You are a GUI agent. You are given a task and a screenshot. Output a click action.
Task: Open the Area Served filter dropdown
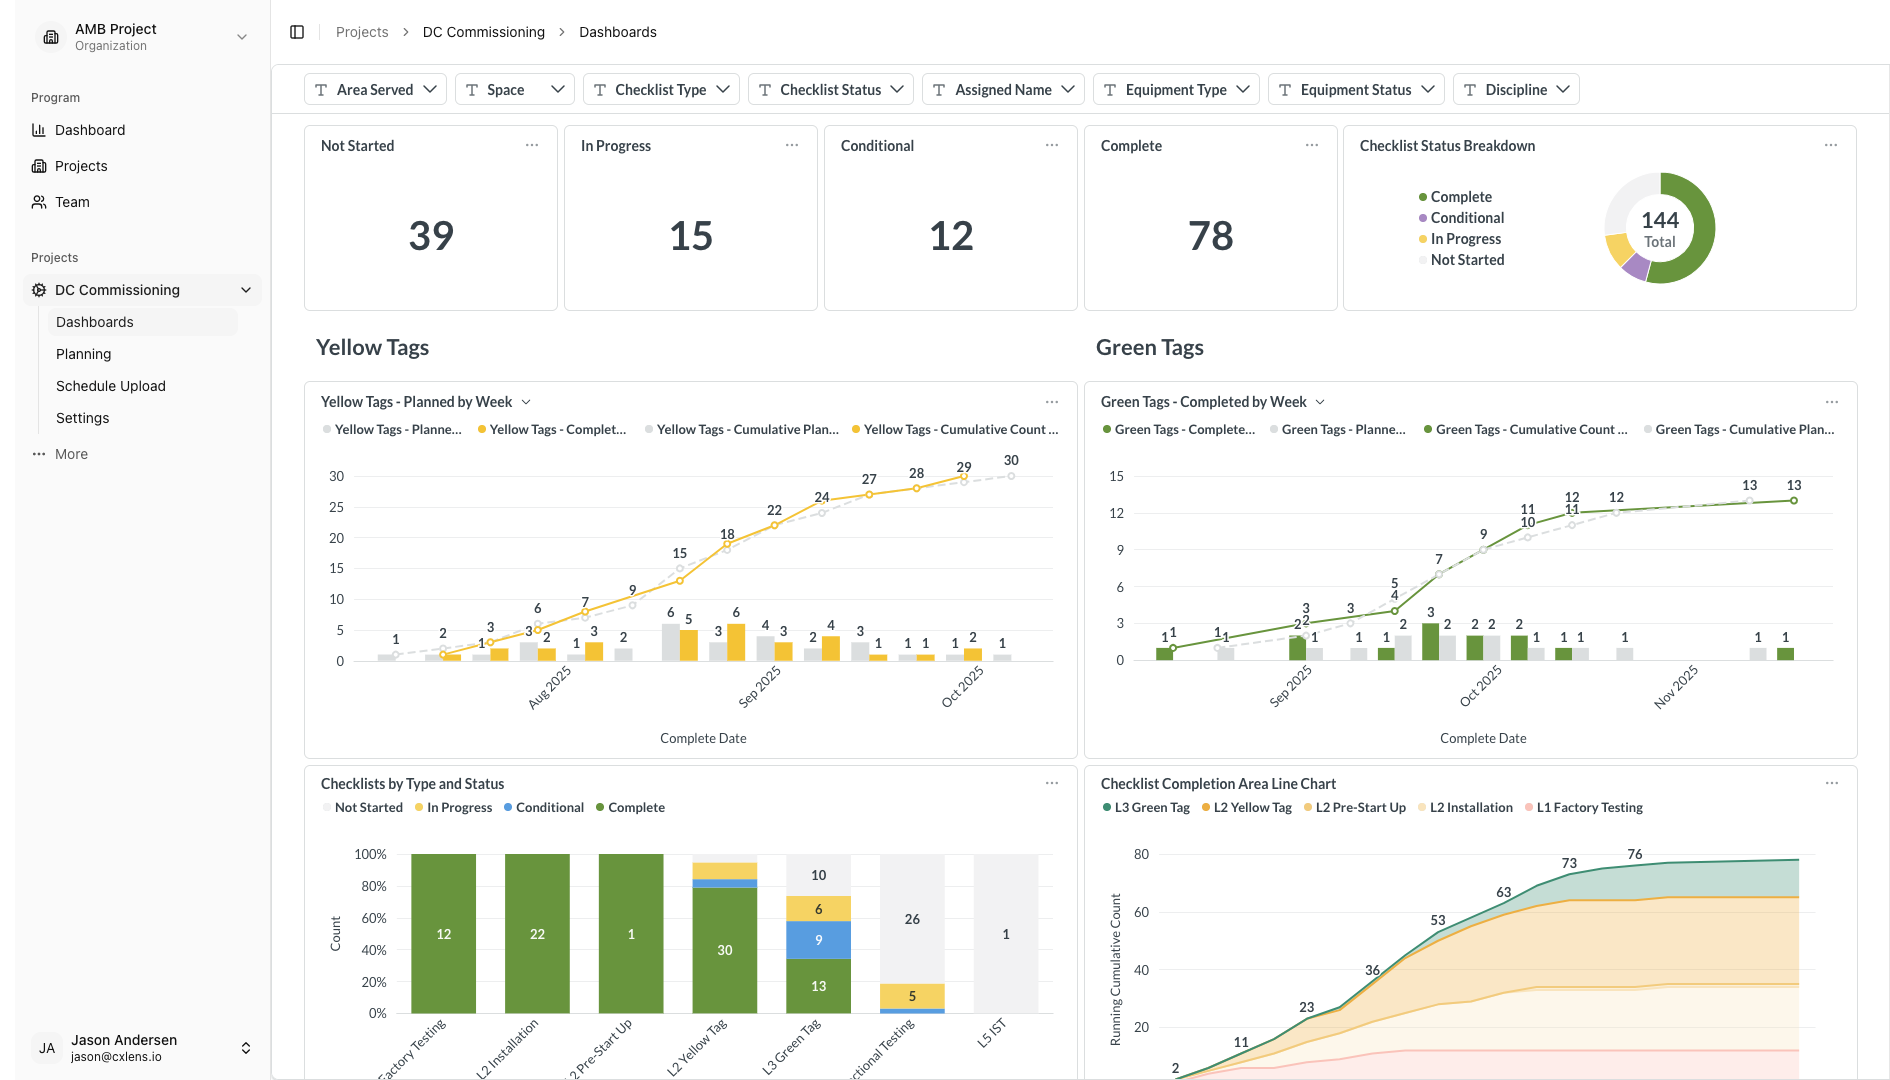pos(375,90)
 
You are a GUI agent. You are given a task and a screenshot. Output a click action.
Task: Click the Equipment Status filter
pos(1355,90)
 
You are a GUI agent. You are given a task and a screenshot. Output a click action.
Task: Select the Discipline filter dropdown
pos(1515,90)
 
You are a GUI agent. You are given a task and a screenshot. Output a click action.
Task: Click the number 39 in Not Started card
pos(431,236)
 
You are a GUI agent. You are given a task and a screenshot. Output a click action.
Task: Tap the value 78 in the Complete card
pos(1210,236)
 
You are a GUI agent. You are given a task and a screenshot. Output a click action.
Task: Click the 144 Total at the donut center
pos(1659,229)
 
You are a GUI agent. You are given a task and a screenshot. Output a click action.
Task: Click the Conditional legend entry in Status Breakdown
pos(1466,218)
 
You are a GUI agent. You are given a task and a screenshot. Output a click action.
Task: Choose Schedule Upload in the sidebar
pos(111,386)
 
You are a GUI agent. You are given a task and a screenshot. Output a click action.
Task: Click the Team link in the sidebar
pos(72,202)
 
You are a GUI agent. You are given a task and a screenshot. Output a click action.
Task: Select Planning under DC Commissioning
pos(84,354)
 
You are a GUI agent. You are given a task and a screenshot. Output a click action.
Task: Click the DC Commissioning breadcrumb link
pos(484,32)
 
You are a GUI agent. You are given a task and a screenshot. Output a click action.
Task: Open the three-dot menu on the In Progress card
pos(791,146)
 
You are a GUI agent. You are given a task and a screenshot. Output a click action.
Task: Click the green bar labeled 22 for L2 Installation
pos(537,934)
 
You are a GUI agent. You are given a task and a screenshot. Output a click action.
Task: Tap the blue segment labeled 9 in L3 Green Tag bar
pos(818,940)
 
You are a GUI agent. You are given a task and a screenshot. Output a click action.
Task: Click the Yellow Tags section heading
pos(372,347)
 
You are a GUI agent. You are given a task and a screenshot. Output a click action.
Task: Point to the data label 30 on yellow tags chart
pos(1011,460)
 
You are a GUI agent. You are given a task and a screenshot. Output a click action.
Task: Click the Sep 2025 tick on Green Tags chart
pos(1290,686)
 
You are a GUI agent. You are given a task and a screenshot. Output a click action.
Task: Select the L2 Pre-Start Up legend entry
pos(1360,808)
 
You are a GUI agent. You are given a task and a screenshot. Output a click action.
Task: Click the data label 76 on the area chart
pos(1634,854)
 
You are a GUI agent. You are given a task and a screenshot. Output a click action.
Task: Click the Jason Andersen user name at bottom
pos(124,1040)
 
